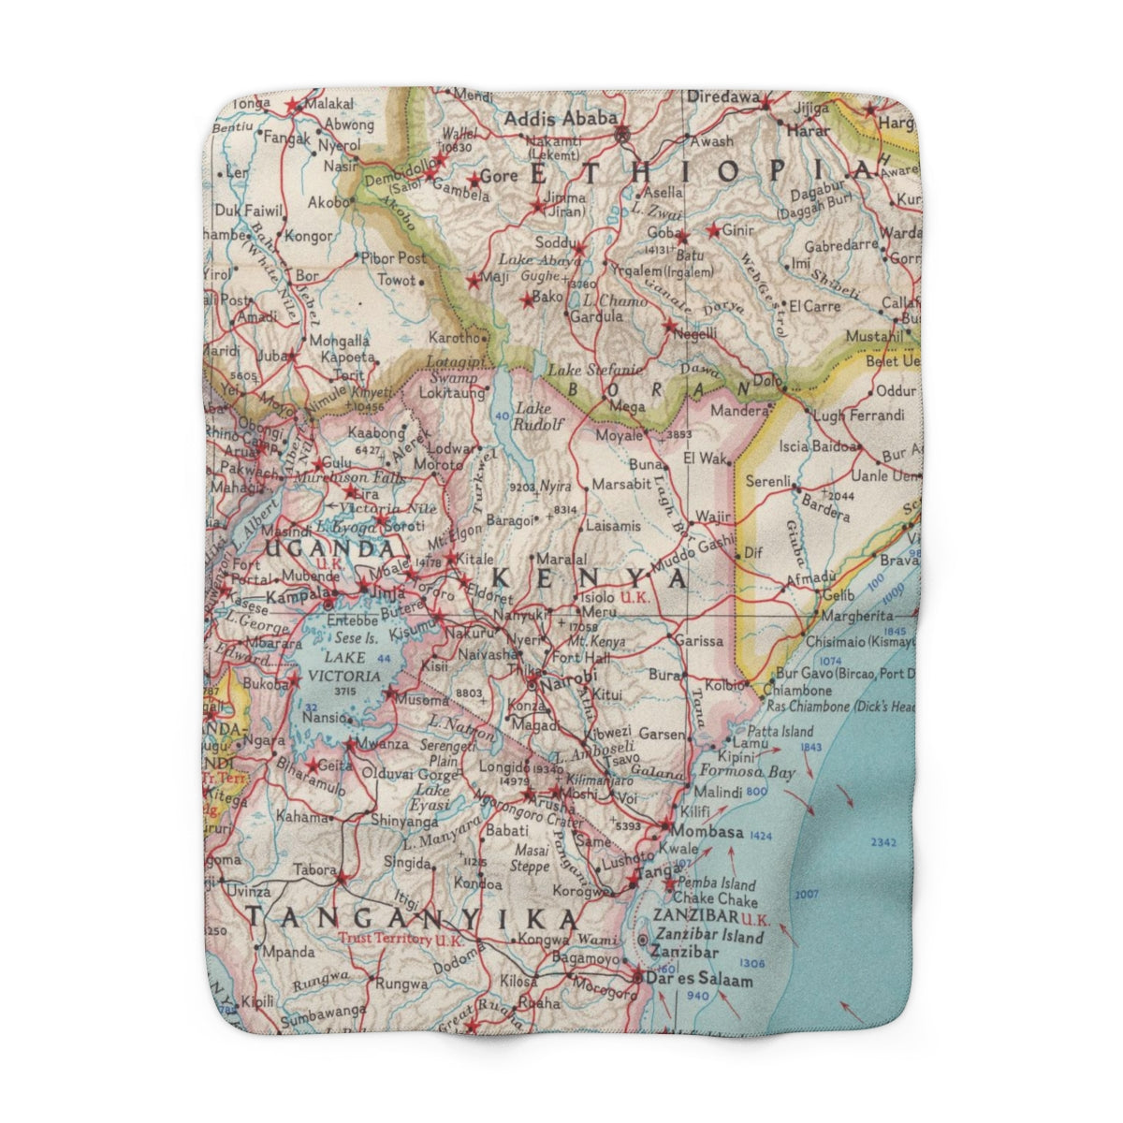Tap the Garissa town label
tap(698, 642)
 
